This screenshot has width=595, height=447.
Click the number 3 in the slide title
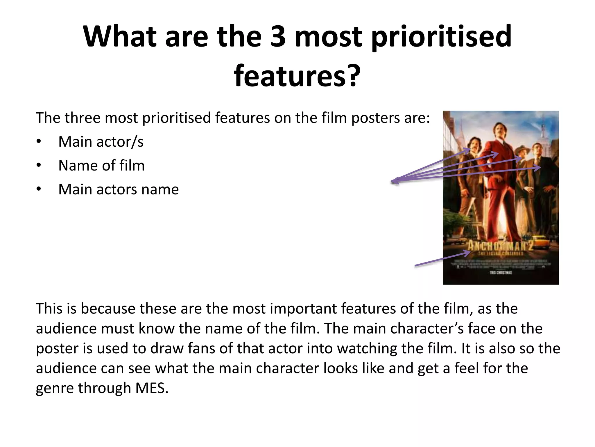pos(278,37)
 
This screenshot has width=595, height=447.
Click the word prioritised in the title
pos(441,37)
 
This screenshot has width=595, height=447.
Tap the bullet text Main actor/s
pos(101,142)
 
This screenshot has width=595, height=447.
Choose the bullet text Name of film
pos(101,166)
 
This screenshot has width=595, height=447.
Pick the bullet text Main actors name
pos(119,190)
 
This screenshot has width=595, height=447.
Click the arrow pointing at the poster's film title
pos(442,259)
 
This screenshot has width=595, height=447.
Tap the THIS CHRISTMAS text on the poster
pos(501,273)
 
